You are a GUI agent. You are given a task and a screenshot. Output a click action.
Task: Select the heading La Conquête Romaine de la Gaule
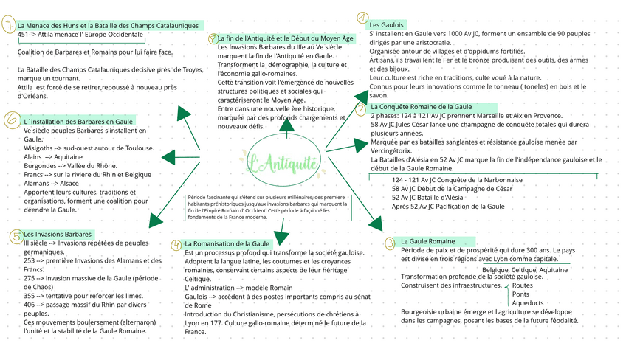pos(422,107)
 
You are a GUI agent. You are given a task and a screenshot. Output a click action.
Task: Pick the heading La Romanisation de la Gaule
pos(227,243)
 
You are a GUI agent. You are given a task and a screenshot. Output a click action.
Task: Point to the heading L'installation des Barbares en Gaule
pos(78,120)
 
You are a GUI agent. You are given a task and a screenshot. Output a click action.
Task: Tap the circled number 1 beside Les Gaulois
pos(362,18)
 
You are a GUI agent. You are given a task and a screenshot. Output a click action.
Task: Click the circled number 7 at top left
pos(8,27)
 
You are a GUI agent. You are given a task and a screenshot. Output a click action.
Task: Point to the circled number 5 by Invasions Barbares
pos(16,236)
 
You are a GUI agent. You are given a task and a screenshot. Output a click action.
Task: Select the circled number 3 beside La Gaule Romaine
pos(389,243)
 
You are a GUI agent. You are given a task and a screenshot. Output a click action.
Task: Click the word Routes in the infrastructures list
pos(522,285)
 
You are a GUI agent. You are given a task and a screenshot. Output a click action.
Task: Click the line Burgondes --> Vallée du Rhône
pos(71,166)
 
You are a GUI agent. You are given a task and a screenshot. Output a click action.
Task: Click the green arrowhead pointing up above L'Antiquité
pos(286,124)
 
